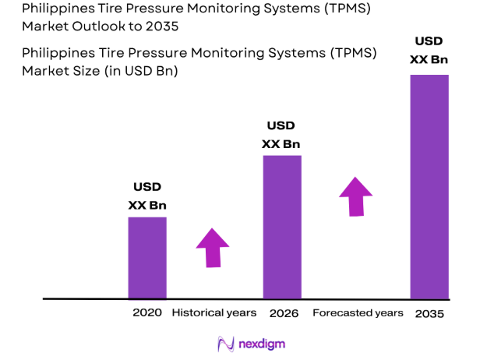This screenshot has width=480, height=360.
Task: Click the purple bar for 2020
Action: pyautogui.click(x=147, y=257)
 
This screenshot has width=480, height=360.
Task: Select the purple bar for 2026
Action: pyautogui.click(x=281, y=227)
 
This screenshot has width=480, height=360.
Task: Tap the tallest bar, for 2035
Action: pyautogui.click(x=429, y=186)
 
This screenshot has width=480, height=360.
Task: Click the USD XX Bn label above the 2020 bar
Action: pyautogui.click(x=147, y=196)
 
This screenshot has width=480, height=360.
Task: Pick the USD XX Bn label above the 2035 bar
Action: pyautogui.click(x=429, y=51)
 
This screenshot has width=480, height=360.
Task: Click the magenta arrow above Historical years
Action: pyautogui.click(x=213, y=248)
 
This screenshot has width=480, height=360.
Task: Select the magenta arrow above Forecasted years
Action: pyautogui.click(x=357, y=196)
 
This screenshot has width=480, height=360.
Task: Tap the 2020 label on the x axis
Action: pyautogui.click(x=147, y=312)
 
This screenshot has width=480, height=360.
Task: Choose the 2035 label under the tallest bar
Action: pyautogui.click(x=429, y=313)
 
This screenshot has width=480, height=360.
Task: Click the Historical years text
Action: pyautogui.click(x=214, y=312)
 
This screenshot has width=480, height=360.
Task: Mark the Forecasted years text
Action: pyautogui.click(x=358, y=312)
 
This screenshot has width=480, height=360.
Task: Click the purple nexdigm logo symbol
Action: pyautogui.click(x=225, y=344)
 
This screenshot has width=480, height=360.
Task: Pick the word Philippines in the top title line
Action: pyautogui.click(x=58, y=9)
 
